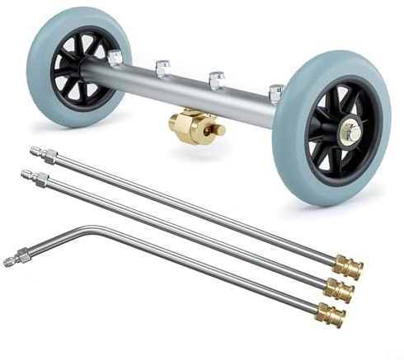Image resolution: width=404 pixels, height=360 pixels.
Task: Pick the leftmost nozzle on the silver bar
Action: pyautogui.click(x=114, y=57)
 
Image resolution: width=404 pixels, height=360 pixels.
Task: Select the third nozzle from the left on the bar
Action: pyautogui.click(x=218, y=80)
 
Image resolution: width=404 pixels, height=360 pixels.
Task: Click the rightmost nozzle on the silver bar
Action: pyautogui.click(x=275, y=91)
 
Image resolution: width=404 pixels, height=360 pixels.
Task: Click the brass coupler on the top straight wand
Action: pyautogui.click(x=347, y=268)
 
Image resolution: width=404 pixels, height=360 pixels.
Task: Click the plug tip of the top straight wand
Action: pyautogui.click(x=35, y=152)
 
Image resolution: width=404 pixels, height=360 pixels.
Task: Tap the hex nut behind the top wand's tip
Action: pyautogui.click(x=50, y=156)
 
